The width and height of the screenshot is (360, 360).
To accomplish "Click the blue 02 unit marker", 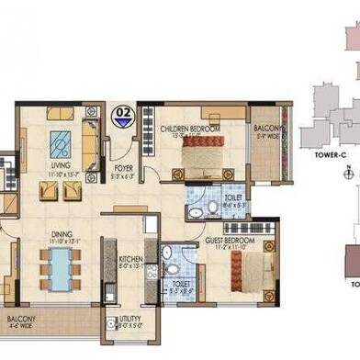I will click(121, 116).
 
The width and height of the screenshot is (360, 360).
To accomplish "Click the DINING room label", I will click(62, 210).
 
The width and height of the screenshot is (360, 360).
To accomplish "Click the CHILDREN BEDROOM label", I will click(190, 129).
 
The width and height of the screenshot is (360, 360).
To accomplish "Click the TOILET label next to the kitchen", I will click(182, 284).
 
